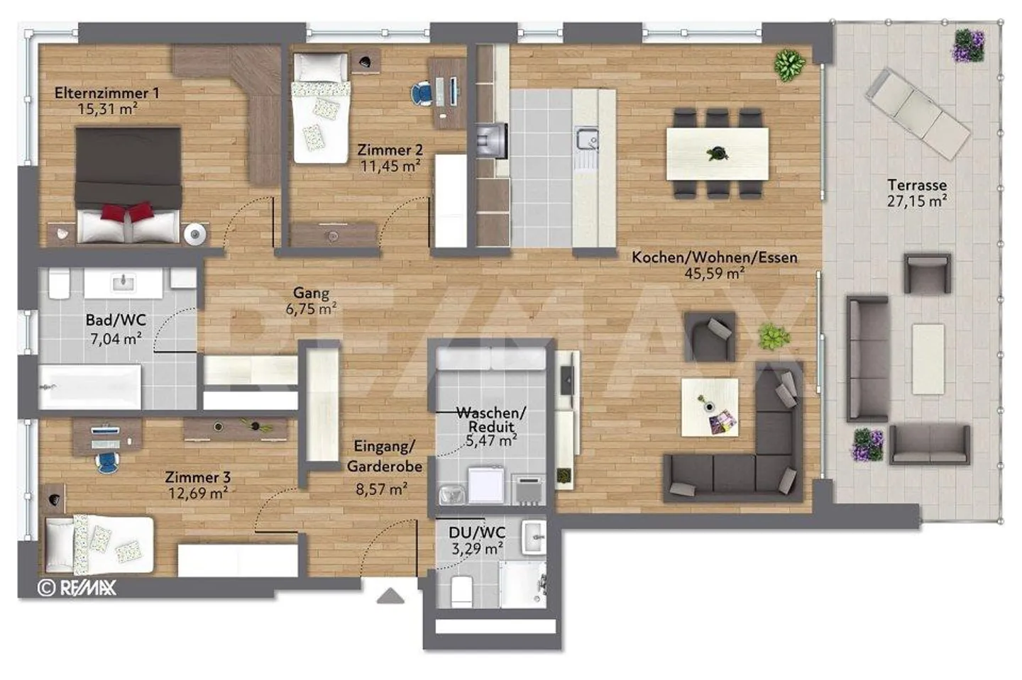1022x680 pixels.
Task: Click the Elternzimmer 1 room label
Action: [x=106, y=93]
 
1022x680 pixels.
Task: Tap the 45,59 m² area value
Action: [x=715, y=273]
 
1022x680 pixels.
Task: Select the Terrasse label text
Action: [x=917, y=185]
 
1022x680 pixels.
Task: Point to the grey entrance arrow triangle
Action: [x=390, y=596]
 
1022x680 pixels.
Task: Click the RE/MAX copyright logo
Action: [x=77, y=588]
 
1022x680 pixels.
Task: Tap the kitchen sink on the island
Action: [x=587, y=138]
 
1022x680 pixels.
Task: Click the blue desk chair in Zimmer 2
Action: [x=421, y=94]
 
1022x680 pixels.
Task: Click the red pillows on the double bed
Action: [x=127, y=211]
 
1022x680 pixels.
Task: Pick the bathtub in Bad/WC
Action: [x=90, y=386]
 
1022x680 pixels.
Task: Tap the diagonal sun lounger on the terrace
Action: [x=918, y=113]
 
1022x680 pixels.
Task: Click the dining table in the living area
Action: [x=718, y=154]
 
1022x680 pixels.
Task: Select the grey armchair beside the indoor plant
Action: [x=709, y=336]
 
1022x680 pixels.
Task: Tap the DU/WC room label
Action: [x=477, y=533]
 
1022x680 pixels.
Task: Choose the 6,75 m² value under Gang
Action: [x=311, y=309]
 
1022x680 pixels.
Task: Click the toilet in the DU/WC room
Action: [x=461, y=591]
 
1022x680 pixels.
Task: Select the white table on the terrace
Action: [x=928, y=359]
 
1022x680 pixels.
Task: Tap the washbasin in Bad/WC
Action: [x=123, y=283]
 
